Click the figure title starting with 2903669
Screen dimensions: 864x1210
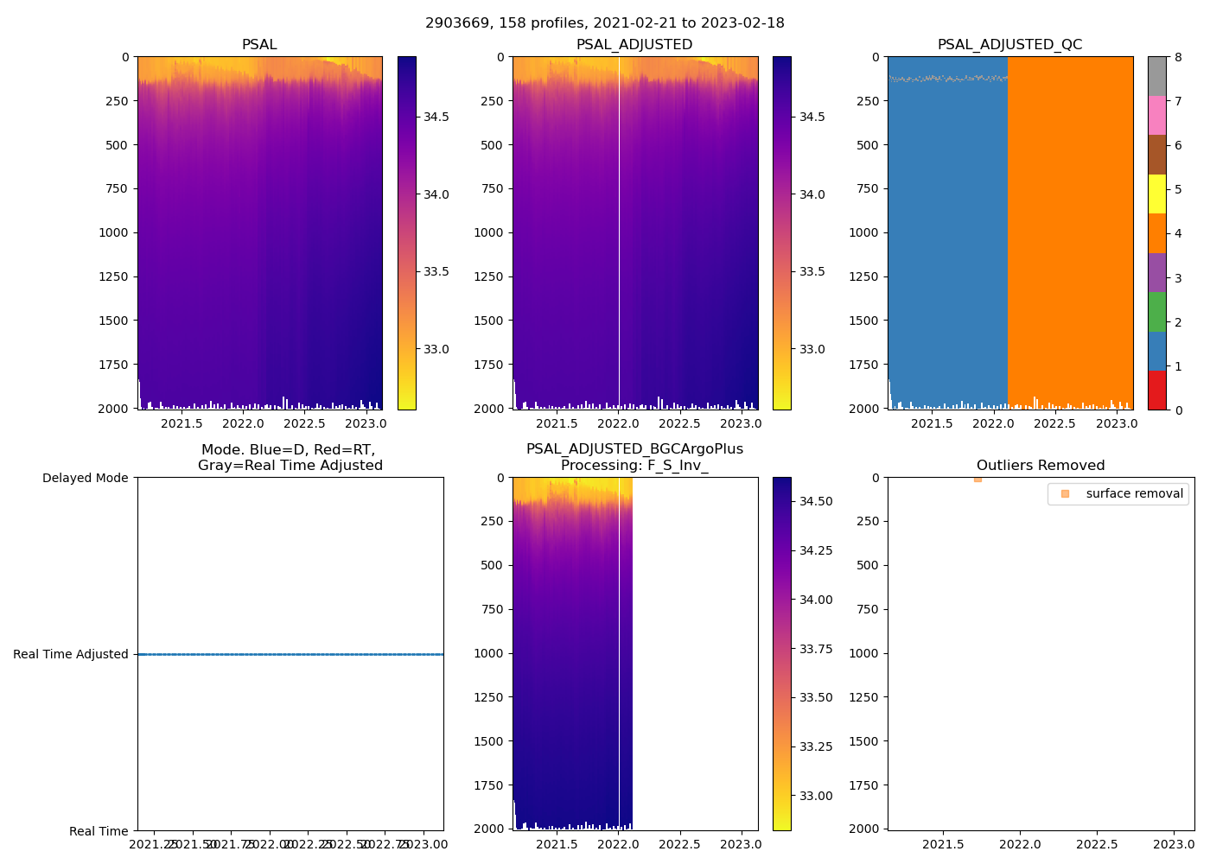click(x=605, y=23)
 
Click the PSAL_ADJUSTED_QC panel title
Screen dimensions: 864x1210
click(x=1009, y=45)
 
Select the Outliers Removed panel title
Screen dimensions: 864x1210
click(x=1041, y=466)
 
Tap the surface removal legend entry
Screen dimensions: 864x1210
click(x=1134, y=494)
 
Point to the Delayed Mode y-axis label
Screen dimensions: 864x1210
click(x=85, y=479)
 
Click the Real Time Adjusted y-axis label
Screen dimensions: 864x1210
click(x=71, y=655)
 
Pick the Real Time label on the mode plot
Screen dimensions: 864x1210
click(x=99, y=831)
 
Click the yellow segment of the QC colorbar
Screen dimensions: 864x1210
click(x=1156, y=194)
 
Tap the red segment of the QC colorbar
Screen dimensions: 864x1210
click(x=1156, y=391)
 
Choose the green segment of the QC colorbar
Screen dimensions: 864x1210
click(x=1156, y=312)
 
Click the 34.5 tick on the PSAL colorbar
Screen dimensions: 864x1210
click(x=436, y=117)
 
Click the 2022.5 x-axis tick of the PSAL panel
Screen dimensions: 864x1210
click(x=304, y=423)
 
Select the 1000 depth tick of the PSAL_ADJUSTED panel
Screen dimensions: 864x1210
click(x=488, y=232)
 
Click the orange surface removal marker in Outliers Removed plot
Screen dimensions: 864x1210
click(x=978, y=479)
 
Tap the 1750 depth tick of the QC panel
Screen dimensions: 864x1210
click(x=863, y=365)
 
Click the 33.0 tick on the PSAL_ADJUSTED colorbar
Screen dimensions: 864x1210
click(x=812, y=349)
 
